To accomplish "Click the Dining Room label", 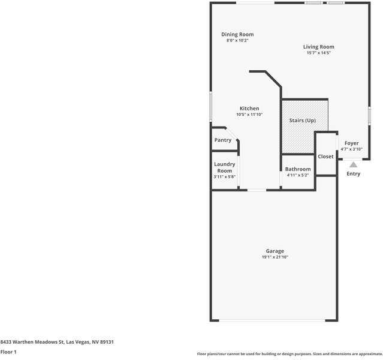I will click(237, 34).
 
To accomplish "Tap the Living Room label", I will click(318, 47).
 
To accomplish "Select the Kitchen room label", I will click(249, 109).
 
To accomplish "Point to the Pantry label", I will click(223, 140).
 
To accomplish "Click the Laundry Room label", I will click(225, 167).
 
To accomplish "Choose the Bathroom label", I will click(298, 169).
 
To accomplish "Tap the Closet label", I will click(325, 157).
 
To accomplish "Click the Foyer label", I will click(351, 143).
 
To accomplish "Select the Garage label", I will click(275, 251).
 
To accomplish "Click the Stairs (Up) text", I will click(303, 121).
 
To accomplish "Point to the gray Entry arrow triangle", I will click(353, 164).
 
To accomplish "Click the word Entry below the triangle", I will click(354, 174).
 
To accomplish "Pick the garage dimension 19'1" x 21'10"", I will click(275, 257).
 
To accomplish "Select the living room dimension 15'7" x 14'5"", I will click(318, 53).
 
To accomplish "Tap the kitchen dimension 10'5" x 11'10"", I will click(249, 115).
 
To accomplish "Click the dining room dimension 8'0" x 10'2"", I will click(237, 40).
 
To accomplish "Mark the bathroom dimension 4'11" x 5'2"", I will click(298, 175).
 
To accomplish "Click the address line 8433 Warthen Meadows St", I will click(57, 341).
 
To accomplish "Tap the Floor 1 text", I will click(8, 352).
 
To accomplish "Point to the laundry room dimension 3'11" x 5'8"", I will click(225, 176).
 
